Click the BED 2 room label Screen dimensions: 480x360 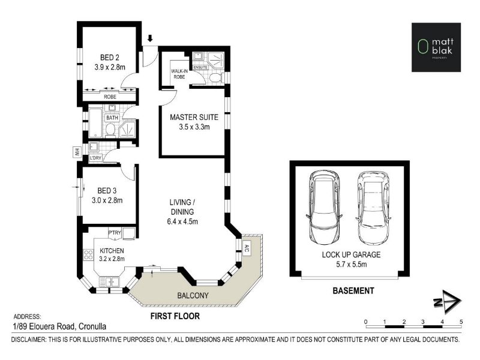click(x=110, y=57)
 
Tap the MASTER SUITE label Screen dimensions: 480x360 click(x=194, y=117)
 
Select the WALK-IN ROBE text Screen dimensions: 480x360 click(x=179, y=74)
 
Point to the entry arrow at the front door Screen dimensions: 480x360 click(x=150, y=38)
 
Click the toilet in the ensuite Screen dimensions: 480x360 click(x=216, y=77)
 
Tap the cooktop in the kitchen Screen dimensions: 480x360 click(x=88, y=254)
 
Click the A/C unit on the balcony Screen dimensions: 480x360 click(x=246, y=248)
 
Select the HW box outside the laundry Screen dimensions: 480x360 click(x=76, y=152)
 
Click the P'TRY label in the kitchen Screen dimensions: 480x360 click(x=115, y=233)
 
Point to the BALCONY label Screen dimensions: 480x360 click(x=193, y=295)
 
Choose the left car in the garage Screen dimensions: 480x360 click(x=324, y=208)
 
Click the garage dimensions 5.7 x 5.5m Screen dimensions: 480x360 click(x=351, y=264)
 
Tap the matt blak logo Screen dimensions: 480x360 click(x=436, y=47)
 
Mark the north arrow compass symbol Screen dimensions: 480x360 click(x=448, y=302)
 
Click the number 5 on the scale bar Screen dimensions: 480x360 click(x=461, y=322)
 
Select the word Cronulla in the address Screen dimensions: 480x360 click(x=92, y=326)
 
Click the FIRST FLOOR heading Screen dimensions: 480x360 click(x=175, y=316)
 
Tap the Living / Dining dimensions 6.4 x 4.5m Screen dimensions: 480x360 click(x=182, y=221)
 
